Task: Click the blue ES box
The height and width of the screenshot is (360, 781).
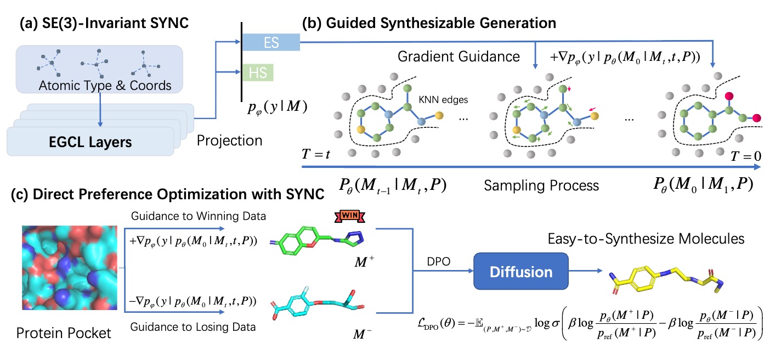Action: [x=271, y=42]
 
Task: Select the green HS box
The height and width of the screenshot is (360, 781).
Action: [x=257, y=72]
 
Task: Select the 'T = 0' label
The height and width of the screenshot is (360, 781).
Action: [x=745, y=155]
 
